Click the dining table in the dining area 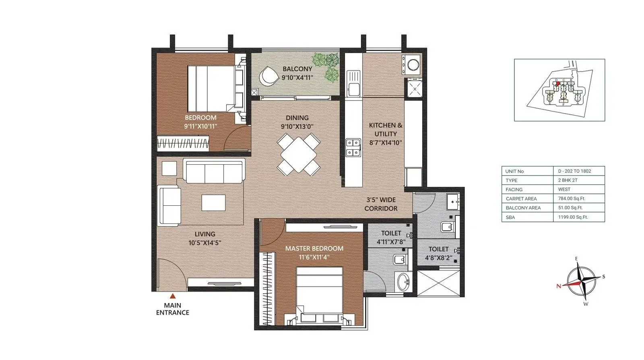pos(298,154)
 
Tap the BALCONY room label pos(297,69)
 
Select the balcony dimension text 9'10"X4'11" pos(297,78)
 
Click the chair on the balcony pos(268,76)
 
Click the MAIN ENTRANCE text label pos(172,309)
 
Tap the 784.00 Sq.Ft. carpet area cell pos(572,199)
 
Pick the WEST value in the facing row pos(564,189)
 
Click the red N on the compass pos(559,286)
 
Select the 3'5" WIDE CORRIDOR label pos(381,204)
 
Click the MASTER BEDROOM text pos(314,248)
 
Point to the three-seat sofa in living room pos(214,171)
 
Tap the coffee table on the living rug pos(213,203)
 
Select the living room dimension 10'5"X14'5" pos(205,243)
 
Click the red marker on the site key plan pos(557,83)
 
